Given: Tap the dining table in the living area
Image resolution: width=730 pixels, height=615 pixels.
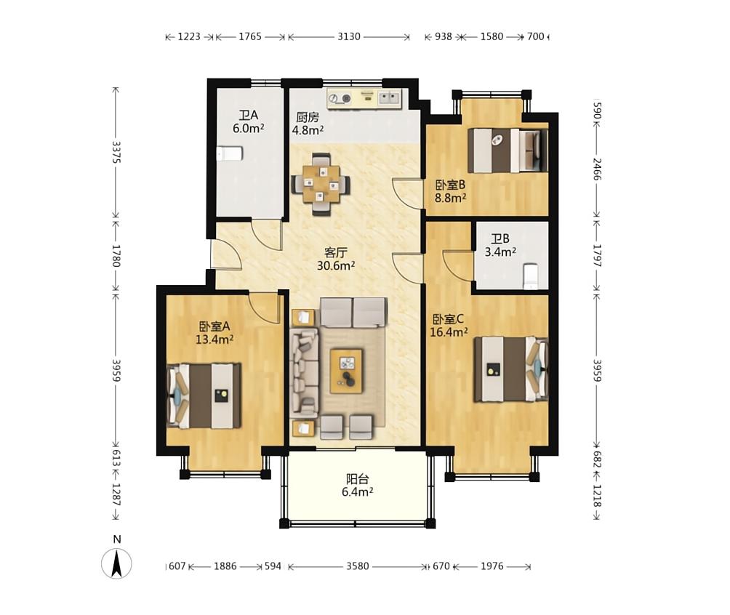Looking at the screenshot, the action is coord(321,184).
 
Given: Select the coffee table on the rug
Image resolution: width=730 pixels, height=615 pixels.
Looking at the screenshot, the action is coord(346,371).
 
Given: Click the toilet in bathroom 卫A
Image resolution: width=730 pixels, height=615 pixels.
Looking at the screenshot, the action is coord(230,153).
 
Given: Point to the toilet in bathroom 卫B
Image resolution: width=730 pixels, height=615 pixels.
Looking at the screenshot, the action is coord(531,276).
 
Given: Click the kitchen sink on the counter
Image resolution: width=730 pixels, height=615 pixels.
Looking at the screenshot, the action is coord(389,98).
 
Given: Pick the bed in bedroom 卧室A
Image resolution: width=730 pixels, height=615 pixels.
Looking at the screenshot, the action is coord(204,395).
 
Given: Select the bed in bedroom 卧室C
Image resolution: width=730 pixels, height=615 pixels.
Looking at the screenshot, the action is coord(511,369).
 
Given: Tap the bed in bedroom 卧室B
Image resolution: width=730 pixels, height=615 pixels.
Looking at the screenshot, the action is coord(508,150).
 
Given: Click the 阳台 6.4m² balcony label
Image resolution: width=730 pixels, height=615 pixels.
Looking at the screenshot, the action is coord(358,486).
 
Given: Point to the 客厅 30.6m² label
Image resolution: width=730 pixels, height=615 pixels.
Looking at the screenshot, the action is coord(336,260).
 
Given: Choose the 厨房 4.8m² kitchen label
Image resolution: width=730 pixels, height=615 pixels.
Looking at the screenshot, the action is coord(308,124).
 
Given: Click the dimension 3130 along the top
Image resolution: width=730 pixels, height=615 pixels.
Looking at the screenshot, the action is coord(349,36).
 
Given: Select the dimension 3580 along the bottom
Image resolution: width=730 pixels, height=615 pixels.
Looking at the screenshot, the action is coord(358,566).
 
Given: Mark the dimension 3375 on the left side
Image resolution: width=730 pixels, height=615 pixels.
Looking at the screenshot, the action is coord(116,152).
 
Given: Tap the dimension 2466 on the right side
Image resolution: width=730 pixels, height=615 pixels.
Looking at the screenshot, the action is coord(598,169).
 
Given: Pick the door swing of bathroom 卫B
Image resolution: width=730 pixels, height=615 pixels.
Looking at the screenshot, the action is coord(458,265).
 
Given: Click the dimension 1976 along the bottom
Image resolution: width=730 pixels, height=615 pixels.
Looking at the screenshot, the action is coord(492,566).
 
